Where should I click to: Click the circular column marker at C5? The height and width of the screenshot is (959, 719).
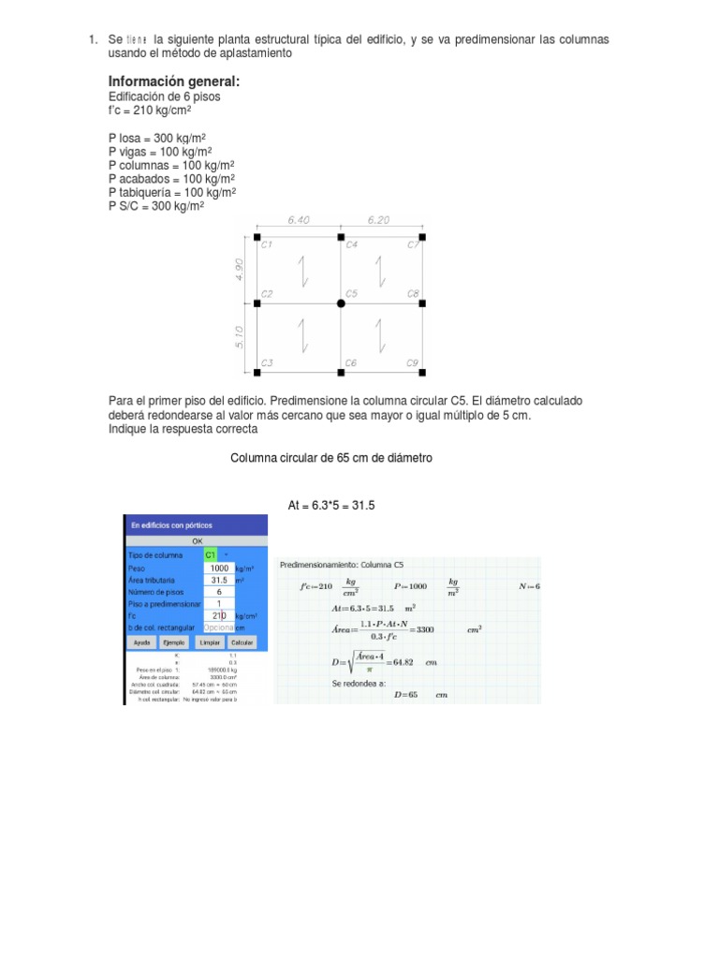(340, 303)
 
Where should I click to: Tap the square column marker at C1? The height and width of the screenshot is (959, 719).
(257, 238)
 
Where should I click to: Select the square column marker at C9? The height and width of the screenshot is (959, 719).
(422, 370)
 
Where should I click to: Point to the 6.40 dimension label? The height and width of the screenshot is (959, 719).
(299, 220)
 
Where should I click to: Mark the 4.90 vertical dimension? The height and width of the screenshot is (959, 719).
(240, 271)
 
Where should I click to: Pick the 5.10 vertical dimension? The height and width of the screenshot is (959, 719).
(240, 337)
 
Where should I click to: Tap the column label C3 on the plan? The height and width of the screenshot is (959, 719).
(267, 362)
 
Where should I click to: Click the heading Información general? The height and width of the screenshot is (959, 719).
(174, 81)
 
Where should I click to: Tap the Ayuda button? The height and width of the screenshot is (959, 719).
(142, 643)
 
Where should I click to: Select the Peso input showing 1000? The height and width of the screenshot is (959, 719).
(219, 568)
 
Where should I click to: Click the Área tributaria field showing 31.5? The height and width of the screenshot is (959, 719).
(219, 580)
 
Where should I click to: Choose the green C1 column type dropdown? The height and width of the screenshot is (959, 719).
(211, 554)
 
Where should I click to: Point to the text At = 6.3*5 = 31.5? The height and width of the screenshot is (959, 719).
(331, 506)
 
